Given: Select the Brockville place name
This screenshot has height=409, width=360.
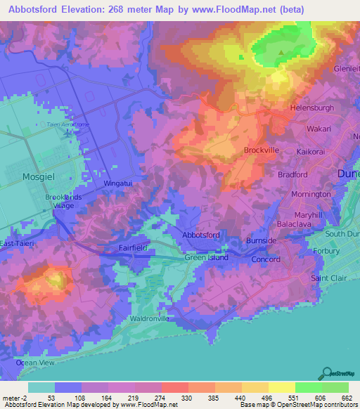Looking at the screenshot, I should coord(262,150).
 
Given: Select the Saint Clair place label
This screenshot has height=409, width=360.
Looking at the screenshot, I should coord(330,278).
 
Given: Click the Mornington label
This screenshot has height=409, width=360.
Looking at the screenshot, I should coord(311,193).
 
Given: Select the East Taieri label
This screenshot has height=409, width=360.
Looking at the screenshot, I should coord(16,243).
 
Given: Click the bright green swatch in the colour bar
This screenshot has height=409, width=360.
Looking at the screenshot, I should coord(308,387).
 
